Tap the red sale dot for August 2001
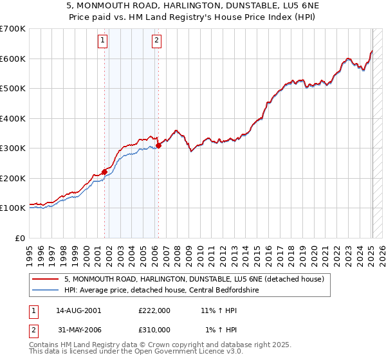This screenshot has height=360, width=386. coord(104,172)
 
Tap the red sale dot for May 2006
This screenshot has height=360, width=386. coord(158,145)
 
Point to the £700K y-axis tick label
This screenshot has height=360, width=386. coord(13,29)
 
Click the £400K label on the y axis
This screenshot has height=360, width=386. coord(13,118)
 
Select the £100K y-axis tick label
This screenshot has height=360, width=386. coord(13,208)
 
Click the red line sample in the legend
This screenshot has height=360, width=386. coord(46,279)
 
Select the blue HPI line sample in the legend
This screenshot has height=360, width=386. coord(46,290)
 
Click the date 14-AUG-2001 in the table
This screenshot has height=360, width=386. coord(78,310)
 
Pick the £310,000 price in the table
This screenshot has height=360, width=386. coord(154,330)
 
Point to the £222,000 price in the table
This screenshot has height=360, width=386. coord(154,310)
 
